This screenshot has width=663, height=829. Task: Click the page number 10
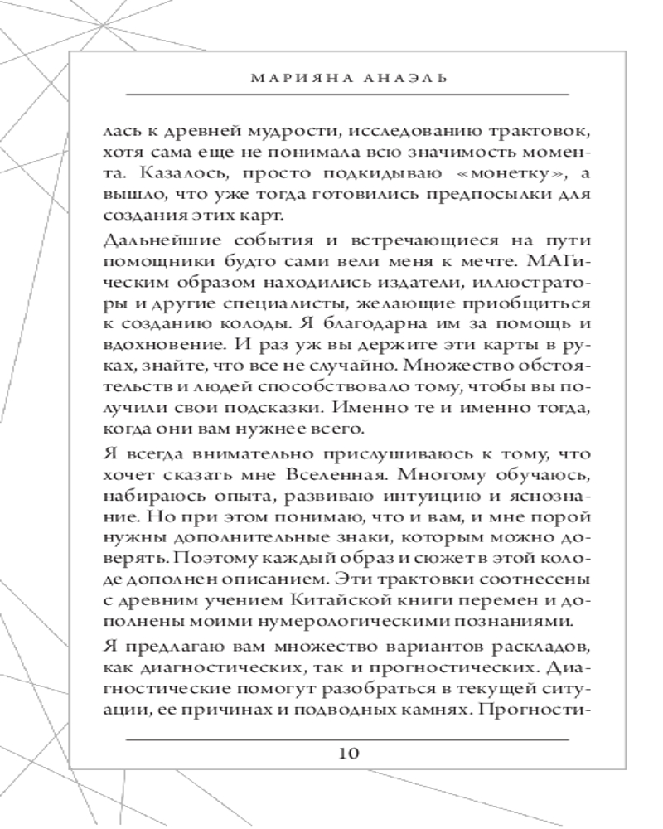click(348, 753)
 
